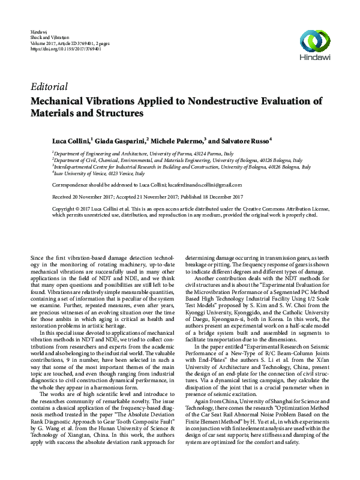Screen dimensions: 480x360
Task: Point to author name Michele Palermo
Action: coord(178,140)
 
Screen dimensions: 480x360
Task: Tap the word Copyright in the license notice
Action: coord(65,208)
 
